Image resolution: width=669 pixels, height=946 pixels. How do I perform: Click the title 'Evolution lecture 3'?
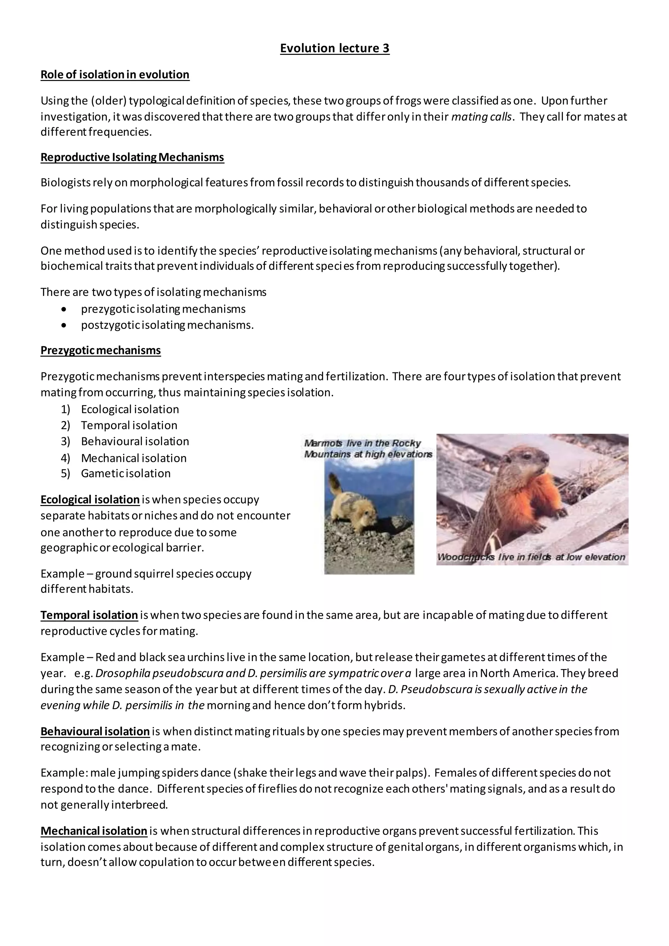coord(334,48)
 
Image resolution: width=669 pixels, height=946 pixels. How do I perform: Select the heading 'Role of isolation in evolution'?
coord(115,74)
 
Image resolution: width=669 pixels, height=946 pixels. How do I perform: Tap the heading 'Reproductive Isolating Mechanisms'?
coord(132,157)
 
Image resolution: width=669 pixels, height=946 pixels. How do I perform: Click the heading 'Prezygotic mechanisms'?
coord(101,350)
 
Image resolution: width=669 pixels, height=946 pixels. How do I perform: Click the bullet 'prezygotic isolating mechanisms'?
coord(163,309)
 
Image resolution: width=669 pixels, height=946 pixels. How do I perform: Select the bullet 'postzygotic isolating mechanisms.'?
coord(167,325)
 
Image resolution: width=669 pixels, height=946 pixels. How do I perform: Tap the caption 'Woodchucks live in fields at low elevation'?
coord(531,557)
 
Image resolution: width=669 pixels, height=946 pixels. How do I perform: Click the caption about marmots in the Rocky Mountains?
coord(368,449)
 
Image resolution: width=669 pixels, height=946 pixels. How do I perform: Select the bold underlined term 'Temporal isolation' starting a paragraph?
coord(89,615)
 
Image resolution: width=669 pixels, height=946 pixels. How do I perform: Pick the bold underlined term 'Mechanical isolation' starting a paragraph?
coord(94,831)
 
